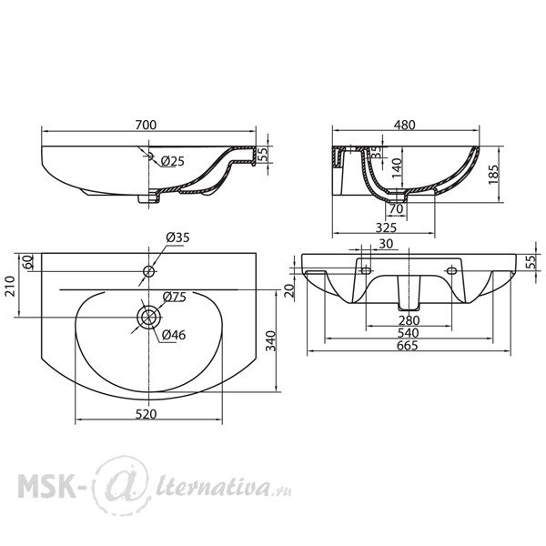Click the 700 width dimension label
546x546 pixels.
[146, 125]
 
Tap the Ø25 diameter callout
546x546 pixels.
[173, 161]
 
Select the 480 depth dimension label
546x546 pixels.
[405, 125]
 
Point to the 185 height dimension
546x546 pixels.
[494, 175]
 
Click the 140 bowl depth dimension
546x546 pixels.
[397, 168]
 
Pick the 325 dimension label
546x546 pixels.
[386, 227]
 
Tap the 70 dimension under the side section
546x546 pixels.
[396, 208]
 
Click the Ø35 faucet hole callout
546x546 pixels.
[177, 238]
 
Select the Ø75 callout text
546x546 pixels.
[175, 297]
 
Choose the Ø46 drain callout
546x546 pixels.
[174, 335]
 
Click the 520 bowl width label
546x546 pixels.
[147, 414]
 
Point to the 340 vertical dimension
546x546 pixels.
[270, 341]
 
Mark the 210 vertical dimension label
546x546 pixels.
[10, 286]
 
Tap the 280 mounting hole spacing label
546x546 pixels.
[409, 320]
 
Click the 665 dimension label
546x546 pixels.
[408, 346]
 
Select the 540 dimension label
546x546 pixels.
[408, 333]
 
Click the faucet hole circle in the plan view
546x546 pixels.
[148, 271]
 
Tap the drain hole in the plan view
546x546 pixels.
[149, 318]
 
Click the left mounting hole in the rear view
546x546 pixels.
[366, 270]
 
